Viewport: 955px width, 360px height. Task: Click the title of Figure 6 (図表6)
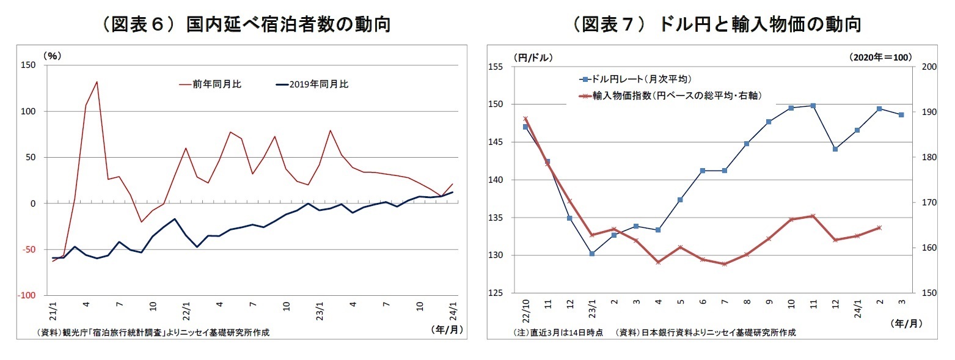(246, 25)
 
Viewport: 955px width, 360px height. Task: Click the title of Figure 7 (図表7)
(716, 25)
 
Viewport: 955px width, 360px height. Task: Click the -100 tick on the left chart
(28, 296)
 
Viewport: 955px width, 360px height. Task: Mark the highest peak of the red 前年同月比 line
(97, 82)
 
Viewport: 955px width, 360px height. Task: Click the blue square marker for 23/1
(592, 253)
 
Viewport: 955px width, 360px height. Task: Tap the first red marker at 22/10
(525, 119)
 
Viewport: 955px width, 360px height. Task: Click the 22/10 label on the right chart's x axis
(525, 312)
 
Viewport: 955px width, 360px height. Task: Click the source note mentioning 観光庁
(153, 333)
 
